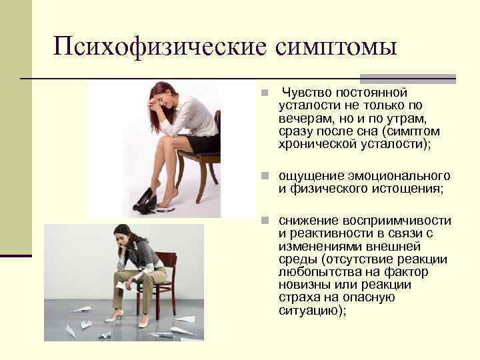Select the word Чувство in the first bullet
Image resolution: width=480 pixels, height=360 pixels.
(305, 93)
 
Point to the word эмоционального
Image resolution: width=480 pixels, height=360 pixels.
(399, 176)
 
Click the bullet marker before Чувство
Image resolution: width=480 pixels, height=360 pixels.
(265, 93)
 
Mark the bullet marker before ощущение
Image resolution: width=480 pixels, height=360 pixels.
(265, 177)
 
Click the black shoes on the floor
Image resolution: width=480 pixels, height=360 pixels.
(145, 201)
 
